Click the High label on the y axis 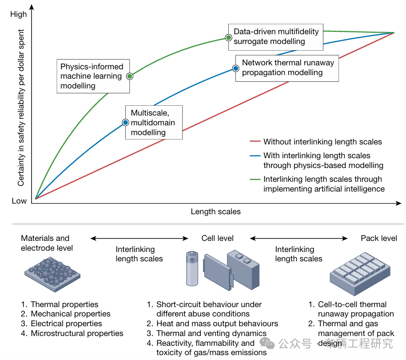(x=19, y=14)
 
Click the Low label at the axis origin (x=19, y=200)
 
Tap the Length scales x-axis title (x=215, y=212)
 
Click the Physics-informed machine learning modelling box (x=93, y=76)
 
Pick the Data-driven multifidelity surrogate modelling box (x=276, y=36)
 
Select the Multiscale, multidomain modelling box (x=154, y=123)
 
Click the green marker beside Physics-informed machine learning (x=130, y=76)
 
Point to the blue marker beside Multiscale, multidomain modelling (x=126, y=123)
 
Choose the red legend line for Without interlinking (x=255, y=142)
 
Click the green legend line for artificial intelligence (x=255, y=180)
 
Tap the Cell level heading (x=217, y=238)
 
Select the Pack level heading (x=378, y=238)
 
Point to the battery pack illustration (x=360, y=272)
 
